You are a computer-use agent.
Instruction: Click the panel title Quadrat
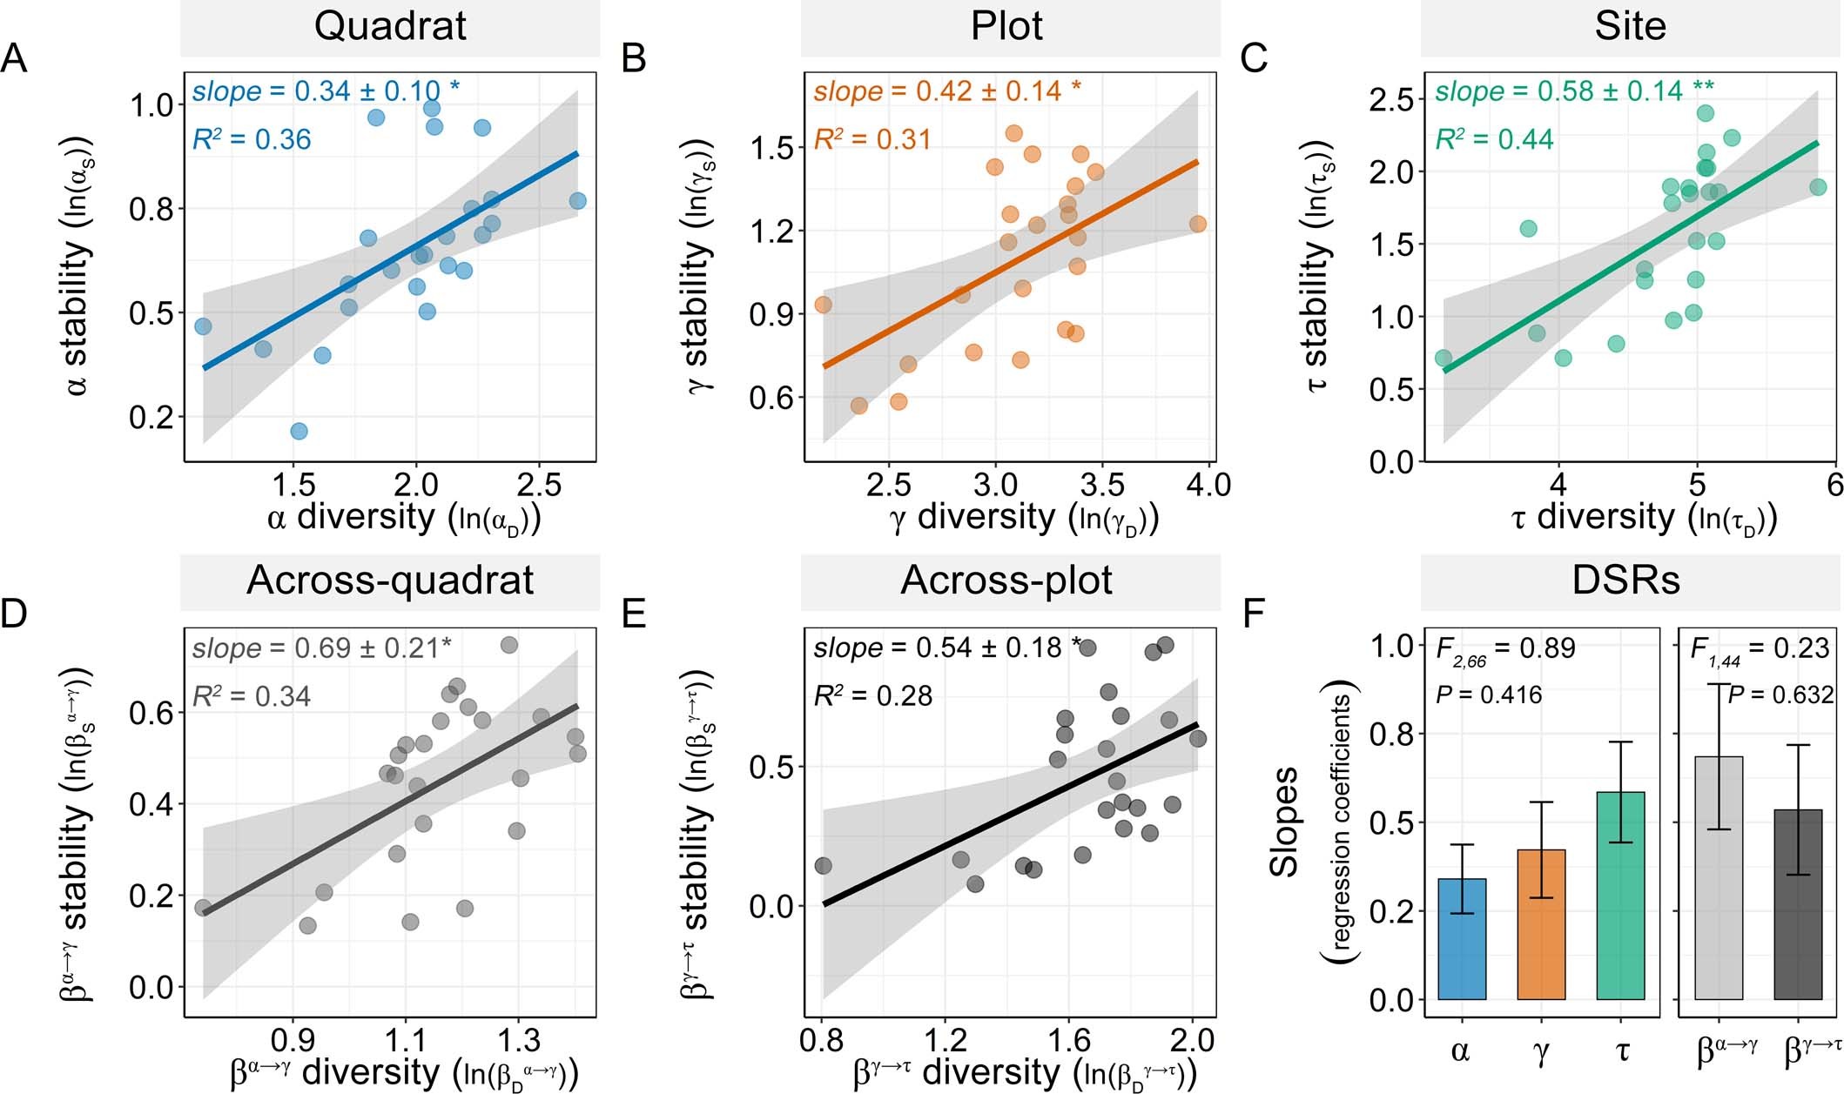[390, 26]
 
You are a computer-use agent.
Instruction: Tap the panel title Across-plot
[1006, 581]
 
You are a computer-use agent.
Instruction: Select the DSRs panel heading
[1625, 581]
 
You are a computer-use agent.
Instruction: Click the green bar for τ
[1620, 896]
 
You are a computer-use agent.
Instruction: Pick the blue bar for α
[1462, 940]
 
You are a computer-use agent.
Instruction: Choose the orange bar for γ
[1541, 925]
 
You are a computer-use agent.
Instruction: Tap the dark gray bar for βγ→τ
[1798, 905]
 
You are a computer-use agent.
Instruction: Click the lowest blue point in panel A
[299, 431]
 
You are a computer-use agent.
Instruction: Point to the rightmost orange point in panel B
[1197, 225]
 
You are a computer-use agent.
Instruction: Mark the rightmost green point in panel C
[1818, 187]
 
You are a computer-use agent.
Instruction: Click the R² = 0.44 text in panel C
[1494, 139]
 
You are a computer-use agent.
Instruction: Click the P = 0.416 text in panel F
[1489, 695]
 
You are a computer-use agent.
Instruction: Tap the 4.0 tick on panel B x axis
[1208, 486]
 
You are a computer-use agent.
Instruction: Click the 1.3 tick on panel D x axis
[518, 1040]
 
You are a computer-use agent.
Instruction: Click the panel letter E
[635, 614]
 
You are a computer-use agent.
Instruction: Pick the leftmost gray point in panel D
[203, 908]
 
